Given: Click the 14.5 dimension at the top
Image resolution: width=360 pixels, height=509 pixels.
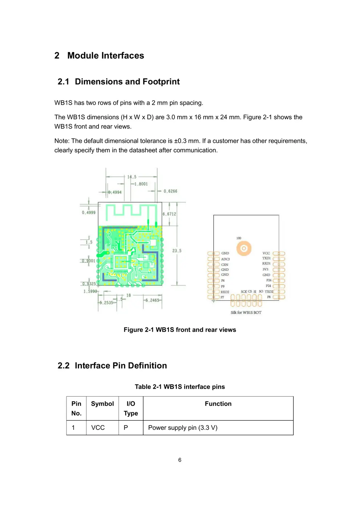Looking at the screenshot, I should point(132,177).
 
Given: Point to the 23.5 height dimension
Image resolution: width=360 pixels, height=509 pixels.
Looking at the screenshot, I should point(177,251).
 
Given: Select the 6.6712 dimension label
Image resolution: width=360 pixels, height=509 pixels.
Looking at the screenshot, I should point(169,214).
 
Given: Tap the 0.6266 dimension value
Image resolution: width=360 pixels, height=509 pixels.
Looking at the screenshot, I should point(170,191).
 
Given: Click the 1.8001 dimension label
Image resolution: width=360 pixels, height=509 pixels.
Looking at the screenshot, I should point(141,184).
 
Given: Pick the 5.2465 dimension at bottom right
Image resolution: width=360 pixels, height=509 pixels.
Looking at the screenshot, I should point(152,300).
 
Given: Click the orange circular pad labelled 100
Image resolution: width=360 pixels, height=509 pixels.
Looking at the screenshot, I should point(244,248).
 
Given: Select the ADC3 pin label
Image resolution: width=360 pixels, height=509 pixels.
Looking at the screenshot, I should point(225,259).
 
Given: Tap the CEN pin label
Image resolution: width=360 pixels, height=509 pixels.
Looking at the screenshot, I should point(225,265).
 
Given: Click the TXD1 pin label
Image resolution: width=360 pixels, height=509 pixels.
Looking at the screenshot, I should point(266,258).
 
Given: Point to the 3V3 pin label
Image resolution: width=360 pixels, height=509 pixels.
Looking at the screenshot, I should point(265,269).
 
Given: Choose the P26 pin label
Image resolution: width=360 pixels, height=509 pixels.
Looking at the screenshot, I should point(269,280).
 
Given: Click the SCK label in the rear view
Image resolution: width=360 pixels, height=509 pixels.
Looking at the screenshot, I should point(244,292).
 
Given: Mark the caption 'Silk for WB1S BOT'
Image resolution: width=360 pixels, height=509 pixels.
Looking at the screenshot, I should point(246,313).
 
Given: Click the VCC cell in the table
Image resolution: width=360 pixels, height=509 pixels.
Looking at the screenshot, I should point(98,428).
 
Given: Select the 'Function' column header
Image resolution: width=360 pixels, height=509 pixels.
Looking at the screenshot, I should point(218,404).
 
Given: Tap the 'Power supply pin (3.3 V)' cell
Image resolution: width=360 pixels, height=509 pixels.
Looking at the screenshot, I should point(183,428).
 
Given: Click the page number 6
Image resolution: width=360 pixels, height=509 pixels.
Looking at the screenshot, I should point(180,460).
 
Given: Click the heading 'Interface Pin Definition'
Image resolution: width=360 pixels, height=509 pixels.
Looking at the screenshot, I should point(121,366).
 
